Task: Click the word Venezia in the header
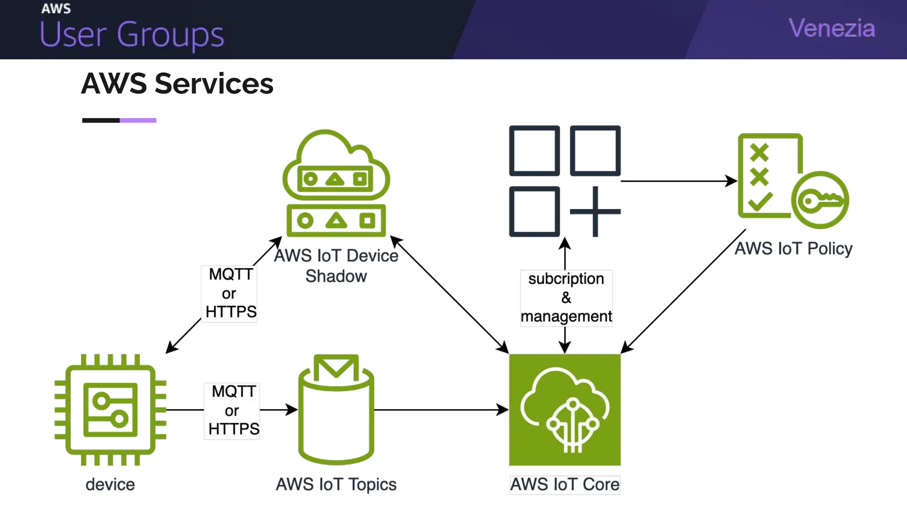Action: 831,28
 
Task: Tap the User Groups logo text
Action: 132,35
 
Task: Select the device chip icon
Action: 110,410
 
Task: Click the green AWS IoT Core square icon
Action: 565,410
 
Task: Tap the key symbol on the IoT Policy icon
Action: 820,200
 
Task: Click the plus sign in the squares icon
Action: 595,212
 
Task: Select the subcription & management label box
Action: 566,298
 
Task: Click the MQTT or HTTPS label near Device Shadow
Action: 229,294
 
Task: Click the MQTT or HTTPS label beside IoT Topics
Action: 232,411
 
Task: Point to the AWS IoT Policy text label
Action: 793,248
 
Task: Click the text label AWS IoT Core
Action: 565,484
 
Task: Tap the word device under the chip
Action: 110,484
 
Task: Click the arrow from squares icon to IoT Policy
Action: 678,181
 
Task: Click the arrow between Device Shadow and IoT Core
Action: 449,294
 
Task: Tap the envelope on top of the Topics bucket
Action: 336,367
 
